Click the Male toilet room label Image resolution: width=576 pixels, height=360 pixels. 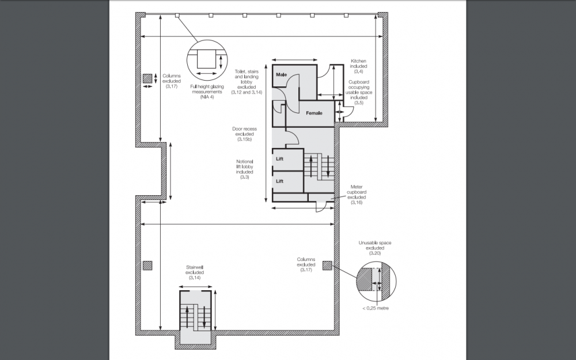[282, 74]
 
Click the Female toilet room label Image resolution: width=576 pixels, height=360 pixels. [314, 113]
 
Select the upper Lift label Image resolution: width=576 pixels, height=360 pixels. [279, 159]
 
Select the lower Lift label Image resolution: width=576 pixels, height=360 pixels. [279, 181]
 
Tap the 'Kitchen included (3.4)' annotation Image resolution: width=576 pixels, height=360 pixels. [358, 66]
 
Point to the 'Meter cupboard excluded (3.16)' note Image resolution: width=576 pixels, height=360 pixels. [357, 195]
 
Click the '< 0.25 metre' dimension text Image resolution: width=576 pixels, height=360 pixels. [376, 308]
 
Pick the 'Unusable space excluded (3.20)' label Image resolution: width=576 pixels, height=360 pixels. [375, 248]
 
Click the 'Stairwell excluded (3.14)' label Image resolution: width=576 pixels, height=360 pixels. [195, 272]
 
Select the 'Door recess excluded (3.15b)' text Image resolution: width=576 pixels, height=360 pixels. [244, 134]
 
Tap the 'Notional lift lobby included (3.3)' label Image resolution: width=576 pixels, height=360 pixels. [245, 169]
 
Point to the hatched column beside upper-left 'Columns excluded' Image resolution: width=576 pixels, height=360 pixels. [147, 78]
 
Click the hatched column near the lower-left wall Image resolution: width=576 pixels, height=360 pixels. [147, 266]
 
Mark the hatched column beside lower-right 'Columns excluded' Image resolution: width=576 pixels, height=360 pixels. [327, 266]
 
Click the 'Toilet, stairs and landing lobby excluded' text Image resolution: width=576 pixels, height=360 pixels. [247, 82]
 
